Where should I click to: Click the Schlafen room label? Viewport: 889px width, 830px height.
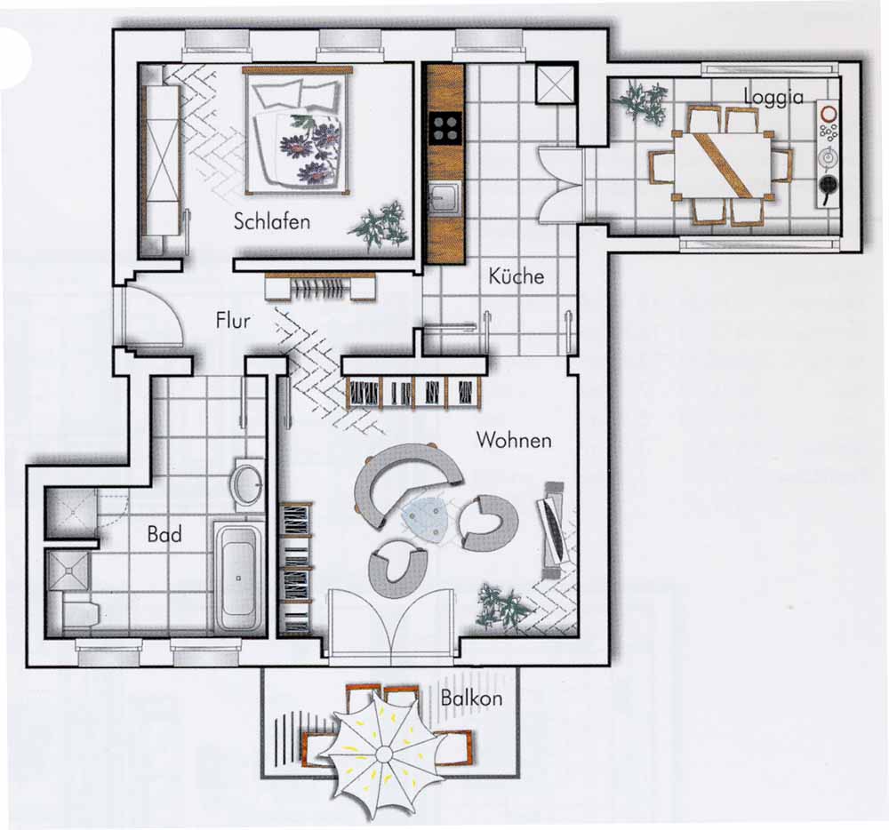tap(272, 221)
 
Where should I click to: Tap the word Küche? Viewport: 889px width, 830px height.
tap(516, 275)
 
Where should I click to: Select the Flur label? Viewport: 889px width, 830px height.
tap(233, 321)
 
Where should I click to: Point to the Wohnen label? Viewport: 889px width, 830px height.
tap(514, 440)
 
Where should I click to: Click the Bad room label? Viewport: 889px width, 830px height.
tap(164, 534)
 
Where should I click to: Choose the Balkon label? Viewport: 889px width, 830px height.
tap(471, 698)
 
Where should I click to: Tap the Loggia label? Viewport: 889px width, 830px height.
tap(773, 98)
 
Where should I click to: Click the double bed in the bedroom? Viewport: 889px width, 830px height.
tap(298, 131)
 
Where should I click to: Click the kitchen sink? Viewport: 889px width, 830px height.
tap(445, 199)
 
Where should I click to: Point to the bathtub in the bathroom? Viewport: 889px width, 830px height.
tap(238, 577)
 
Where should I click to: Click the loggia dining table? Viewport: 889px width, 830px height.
tap(722, 164)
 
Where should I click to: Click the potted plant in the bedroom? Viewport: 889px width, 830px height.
tap(381, 225)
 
